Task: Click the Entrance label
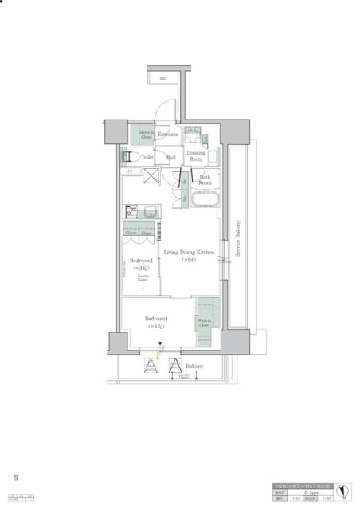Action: (x=168, y=135)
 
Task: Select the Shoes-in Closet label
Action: (x=147, y=135)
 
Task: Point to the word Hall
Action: (x=171, y=159)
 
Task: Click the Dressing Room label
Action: (x=195, y=155)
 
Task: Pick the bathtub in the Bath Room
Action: (x=203, y=199)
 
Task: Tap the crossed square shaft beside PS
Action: (x=147, y=177)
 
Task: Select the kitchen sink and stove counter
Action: (x=142, y=212)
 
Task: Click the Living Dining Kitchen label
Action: (x=189, y=256)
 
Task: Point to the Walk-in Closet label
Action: (x=205, y=322)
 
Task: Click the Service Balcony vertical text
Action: (x=237, y=237)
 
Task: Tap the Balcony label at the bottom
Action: (x=194, y=366)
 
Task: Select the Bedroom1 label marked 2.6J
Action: (x=142, y=264)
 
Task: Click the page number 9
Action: (x=15, y=477)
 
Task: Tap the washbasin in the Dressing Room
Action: (x=194, y=133)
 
